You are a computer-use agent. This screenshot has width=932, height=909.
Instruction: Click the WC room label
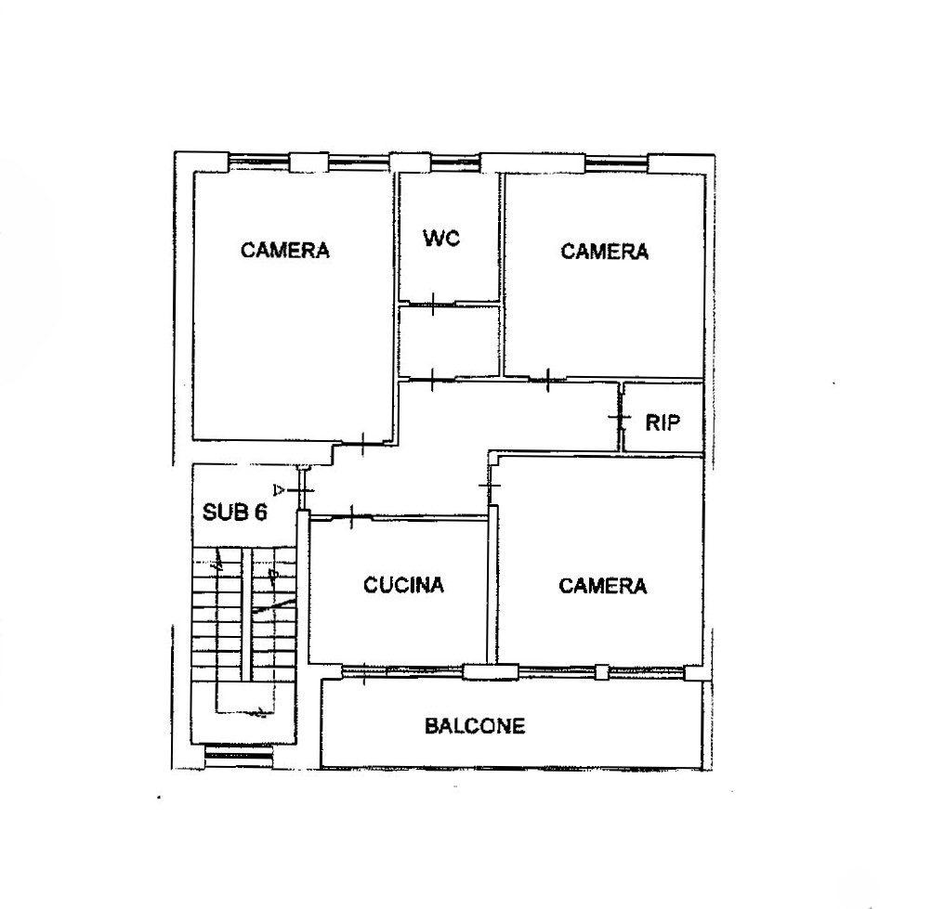coord(441,239)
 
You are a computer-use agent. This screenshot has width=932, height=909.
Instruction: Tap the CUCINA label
coord(403,585)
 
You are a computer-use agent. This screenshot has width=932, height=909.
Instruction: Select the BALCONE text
coord(475,726)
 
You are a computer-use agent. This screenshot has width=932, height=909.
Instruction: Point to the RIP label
coord(663,422)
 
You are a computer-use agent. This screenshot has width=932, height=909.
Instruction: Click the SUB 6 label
coord(235,512)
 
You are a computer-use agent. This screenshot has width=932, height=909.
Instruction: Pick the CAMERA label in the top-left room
coord(284,250)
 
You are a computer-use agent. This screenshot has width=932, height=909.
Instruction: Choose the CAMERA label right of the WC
coord(605,252)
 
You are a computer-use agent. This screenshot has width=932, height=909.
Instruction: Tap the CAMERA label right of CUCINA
coord(603,587)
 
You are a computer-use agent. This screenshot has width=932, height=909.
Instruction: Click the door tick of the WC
coord(433,304)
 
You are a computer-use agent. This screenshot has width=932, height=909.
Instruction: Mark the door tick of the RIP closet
coord(620,417)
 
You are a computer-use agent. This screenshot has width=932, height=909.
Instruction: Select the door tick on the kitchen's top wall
coord(352,516)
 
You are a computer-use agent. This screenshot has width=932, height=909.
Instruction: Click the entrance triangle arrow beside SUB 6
coord(278,490)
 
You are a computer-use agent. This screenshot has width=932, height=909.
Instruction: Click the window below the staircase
coord(238,753)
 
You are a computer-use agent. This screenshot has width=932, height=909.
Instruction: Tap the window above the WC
coord(454,162)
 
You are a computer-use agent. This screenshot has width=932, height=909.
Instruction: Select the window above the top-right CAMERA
coord(616,162)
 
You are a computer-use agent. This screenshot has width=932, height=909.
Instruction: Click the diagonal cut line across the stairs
coord(274,606)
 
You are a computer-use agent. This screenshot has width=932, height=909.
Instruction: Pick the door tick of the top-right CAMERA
coord(547,379)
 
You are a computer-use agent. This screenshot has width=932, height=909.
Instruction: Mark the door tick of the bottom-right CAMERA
coord(490,486)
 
